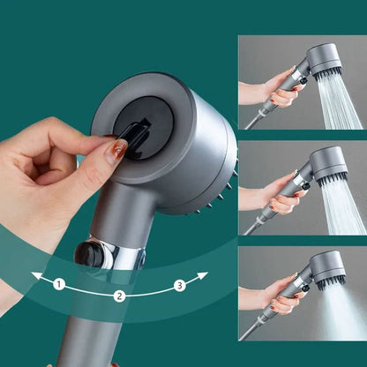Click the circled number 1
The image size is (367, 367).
coord(58,284)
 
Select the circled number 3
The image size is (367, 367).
coord(179,284)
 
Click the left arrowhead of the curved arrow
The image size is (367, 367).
coord(36,276)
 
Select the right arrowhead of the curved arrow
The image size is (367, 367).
coord(203,276)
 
